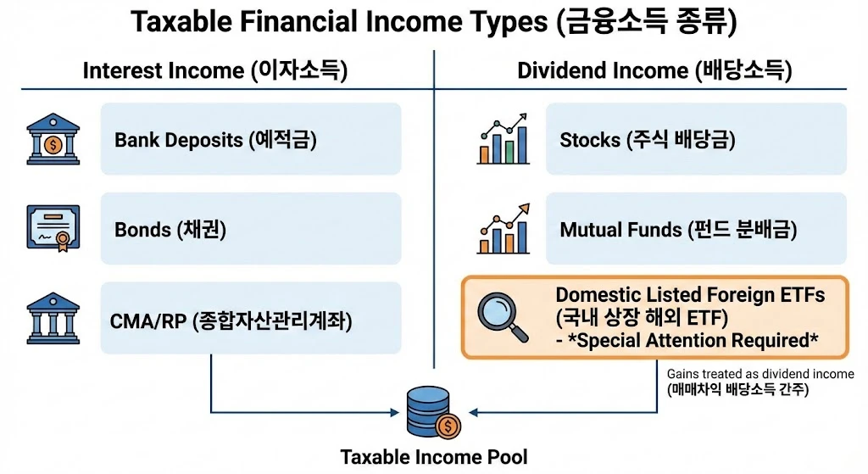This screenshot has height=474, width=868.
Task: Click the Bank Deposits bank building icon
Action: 53,139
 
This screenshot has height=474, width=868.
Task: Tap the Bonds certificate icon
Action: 53,228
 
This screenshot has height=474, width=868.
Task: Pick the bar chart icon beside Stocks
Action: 503,139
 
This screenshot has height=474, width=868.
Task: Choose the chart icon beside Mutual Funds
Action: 503,228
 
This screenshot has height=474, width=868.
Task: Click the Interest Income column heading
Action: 215,70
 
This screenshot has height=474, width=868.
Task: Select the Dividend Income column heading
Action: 654,70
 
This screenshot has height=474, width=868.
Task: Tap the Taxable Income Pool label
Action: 433,457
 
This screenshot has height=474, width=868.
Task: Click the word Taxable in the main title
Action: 183,23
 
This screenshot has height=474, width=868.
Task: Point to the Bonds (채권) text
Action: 170,229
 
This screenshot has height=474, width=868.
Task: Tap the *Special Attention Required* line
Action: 687,340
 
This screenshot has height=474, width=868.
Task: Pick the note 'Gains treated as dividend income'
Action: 760,374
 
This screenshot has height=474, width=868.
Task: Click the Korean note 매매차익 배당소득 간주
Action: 738,390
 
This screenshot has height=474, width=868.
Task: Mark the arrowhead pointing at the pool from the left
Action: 394,413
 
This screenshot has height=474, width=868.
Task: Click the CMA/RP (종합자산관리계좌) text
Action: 231,321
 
